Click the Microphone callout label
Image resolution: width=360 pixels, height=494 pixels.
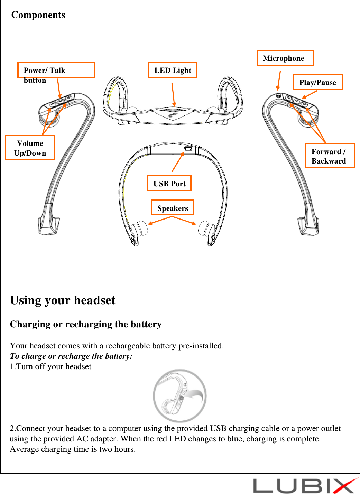point(285,58)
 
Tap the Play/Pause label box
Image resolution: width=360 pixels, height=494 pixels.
point(317,82)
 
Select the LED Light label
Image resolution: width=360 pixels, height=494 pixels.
point(172,70)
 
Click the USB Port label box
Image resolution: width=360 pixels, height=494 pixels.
point(169,184)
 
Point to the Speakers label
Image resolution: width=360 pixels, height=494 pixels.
point(172,208)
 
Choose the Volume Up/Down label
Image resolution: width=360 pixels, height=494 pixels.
point(30,148)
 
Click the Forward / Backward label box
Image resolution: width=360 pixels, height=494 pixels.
point(330,156)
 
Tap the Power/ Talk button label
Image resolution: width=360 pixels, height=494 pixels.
point(56,71)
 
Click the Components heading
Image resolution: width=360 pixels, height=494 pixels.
point(38,15)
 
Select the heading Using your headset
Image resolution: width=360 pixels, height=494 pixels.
point(63,300)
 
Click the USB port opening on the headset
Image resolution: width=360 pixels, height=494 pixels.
point(188,149)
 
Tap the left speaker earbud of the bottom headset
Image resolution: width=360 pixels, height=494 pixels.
point(138,229)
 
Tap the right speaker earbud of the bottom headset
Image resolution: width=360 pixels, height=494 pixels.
point(207,229)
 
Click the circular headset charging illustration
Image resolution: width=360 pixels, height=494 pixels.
point(180,396)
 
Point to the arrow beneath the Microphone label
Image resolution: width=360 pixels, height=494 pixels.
point(279,81)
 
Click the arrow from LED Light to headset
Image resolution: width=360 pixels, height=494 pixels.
point(173,94)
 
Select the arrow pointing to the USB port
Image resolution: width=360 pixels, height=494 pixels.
point(178,162)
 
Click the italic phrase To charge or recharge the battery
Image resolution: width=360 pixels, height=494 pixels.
point(71,356)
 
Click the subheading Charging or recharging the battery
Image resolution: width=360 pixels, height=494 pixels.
point(86,324)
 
